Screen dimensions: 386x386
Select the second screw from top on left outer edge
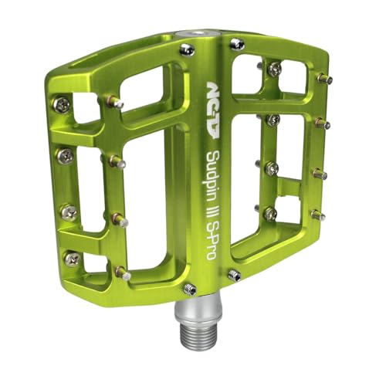[65, 156]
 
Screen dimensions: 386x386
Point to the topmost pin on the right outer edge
[325, 78]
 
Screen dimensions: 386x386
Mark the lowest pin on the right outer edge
[316, 215]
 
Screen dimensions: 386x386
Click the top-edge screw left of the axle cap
[187, 49]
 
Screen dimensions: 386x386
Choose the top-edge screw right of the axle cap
[238, 43]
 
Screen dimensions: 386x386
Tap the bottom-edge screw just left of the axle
[190, 289]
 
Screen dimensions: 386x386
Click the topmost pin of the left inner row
[113, 101]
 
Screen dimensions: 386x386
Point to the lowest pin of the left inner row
[121, 272]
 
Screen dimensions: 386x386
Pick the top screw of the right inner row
[274, 69]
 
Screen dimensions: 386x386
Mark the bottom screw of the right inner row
[270, 213]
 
